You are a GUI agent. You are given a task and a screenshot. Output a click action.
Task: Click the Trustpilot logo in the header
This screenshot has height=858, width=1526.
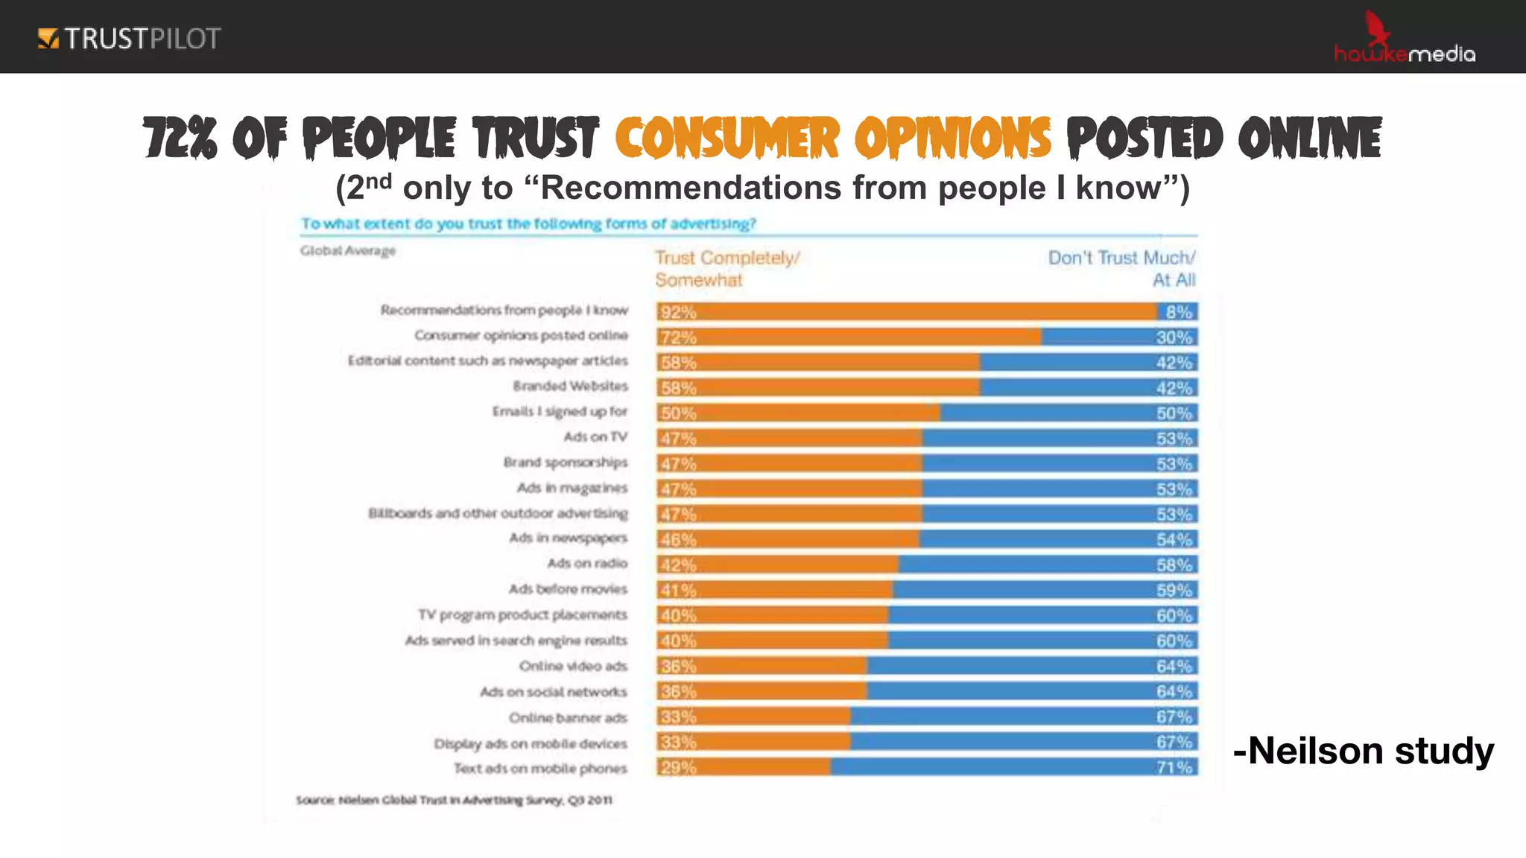130,38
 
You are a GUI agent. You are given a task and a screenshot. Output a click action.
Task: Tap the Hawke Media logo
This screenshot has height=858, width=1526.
1404,41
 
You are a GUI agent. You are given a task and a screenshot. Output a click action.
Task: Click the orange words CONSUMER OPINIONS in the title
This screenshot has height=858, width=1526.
833,139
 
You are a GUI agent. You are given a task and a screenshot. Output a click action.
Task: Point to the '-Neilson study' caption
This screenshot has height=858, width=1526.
1363,751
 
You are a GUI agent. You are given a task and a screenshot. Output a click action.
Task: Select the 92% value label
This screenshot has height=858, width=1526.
677,312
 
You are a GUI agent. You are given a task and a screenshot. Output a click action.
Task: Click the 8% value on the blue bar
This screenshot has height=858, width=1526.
1179,312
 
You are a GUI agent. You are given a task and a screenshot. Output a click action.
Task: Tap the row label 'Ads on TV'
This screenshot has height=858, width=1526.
595,437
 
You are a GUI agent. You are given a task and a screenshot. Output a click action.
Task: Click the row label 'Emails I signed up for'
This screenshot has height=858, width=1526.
560,412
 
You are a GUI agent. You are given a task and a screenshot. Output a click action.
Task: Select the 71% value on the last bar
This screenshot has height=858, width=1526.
1174,767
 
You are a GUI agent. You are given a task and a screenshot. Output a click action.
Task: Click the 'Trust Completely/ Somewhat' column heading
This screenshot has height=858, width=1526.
726,269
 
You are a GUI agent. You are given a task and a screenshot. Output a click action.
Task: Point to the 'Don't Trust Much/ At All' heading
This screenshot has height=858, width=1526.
1121,269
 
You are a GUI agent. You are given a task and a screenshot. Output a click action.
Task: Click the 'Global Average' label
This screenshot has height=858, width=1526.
348,251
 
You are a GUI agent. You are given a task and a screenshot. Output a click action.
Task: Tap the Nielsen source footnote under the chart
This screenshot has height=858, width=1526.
454,800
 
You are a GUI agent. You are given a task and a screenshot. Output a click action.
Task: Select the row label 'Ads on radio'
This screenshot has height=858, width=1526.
587,564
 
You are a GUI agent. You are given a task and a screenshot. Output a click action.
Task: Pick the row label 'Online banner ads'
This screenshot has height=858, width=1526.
568,718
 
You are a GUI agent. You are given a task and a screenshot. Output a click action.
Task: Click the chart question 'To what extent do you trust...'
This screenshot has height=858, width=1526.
528,223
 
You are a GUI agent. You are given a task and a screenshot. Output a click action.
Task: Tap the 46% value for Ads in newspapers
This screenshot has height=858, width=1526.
677,540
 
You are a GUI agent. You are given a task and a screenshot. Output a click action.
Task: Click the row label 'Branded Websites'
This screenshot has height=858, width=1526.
570,387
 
